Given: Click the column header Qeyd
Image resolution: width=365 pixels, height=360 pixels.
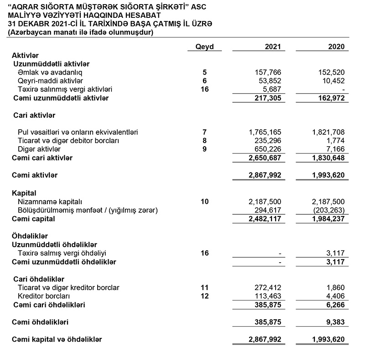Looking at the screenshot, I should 204,47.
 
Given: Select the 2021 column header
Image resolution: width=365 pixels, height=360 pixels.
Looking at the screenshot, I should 273,47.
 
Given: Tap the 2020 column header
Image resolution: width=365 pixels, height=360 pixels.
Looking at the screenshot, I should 336,47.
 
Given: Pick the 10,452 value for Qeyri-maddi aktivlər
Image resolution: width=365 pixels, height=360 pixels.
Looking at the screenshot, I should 334,81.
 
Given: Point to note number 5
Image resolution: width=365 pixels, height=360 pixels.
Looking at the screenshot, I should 204,72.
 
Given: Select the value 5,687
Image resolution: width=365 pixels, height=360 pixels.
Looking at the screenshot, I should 273,89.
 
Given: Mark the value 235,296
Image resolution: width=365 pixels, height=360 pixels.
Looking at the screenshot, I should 269,141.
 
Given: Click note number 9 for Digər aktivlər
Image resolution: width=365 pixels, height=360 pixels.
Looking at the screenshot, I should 204,149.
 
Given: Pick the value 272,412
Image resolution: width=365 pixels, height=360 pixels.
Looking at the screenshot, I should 269,287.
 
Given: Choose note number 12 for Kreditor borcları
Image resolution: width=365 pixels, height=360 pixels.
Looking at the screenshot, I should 204,296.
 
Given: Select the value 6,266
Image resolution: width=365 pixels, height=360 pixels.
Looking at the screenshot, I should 336,304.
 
